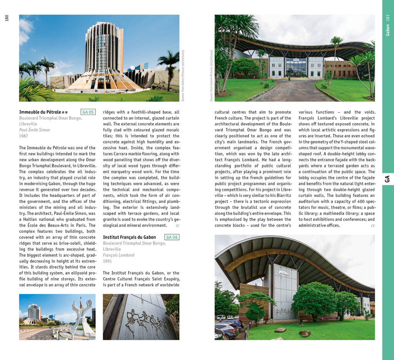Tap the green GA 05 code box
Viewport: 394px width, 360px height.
(x=88, y=112)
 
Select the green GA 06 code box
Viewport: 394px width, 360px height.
(x=172, y=237)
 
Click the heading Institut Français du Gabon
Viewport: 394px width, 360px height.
(x=129, y=237)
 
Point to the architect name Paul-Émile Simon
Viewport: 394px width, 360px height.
(x=35, y=130)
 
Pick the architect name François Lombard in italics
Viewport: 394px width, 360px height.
(x=119, y=255)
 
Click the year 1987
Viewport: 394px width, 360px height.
(x=23, y=136)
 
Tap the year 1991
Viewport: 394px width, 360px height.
(x=107, y=261)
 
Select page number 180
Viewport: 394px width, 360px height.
(x=7, y=18)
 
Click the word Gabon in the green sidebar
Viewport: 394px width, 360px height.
(x=387, y=30)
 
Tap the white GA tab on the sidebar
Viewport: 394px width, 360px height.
(x=387, y=179)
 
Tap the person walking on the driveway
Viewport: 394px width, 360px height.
(x=289, y=78)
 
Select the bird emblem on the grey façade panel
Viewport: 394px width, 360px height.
(x=283, y=274)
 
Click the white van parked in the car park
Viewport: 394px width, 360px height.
(x=221, y=318)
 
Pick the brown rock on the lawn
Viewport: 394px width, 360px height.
(x=305, y=333)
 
